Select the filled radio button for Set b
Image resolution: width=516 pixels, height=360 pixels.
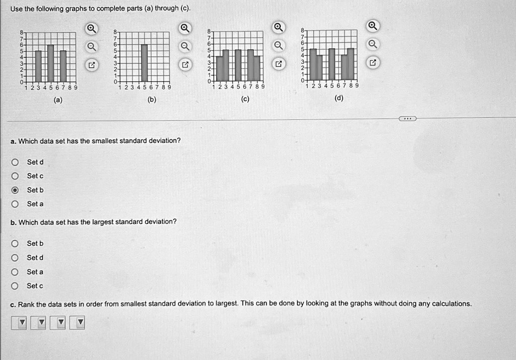pyautogui.click(x=16, y=190)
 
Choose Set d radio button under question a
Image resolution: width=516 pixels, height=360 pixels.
pyautogui.click(x=16, y=162)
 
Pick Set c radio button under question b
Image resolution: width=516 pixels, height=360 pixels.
pyautogui.click(x=16, y=286)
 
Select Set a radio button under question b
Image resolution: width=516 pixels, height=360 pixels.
pyautogui.click(x=16, y=272)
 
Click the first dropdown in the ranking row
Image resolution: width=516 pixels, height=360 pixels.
pyautogui.click(x=21, y=322)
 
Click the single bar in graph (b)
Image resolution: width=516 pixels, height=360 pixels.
pyautogui.click(x=144, y=63)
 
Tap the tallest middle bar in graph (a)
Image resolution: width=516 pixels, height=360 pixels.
pyautogui.click(x=50, y=63)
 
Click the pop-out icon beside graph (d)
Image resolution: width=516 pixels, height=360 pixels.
pyautogui.click(x=372, y=63)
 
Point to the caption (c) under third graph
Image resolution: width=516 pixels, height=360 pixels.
pyautogui.click(x=245, y=99)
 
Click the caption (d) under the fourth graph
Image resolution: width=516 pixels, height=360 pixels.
pyautogui.click(x=339, y=98)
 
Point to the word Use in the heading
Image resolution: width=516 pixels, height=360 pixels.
pyautogui.click(x=16, y=9)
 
